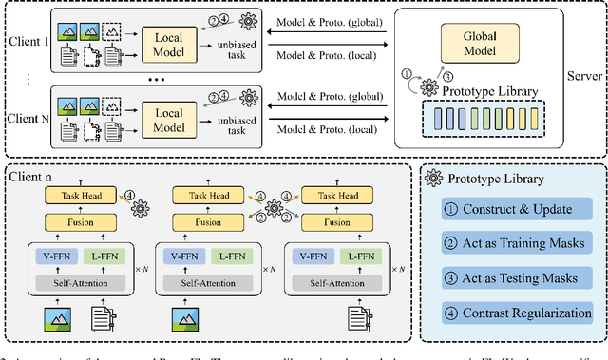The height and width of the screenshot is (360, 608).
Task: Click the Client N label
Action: point(27,121)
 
